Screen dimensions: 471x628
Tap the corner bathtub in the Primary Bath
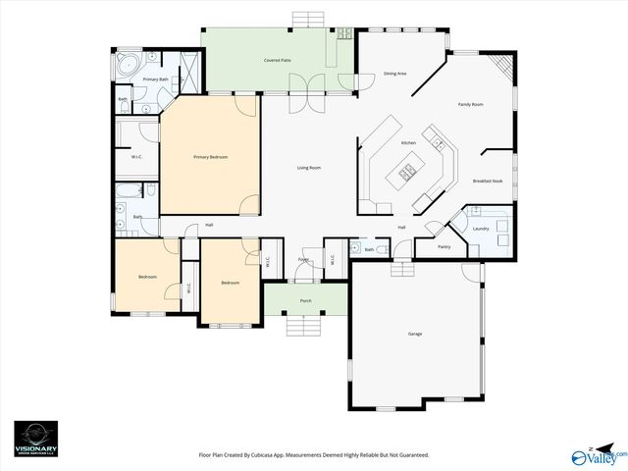[125, 66]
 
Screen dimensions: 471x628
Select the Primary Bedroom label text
[210, 157]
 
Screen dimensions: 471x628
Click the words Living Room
[309, 168]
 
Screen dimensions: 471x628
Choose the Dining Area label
[395, 74]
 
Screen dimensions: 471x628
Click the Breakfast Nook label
[488, 182]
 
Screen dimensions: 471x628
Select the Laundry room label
[481, 229]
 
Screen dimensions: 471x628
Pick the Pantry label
[444, 247]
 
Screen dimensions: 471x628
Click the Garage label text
[415, 335]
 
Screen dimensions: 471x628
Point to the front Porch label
[306, 301]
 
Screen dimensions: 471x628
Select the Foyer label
[304, 260]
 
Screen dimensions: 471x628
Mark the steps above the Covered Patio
[307, 19]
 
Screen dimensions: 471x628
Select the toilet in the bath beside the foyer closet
[356, 248]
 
